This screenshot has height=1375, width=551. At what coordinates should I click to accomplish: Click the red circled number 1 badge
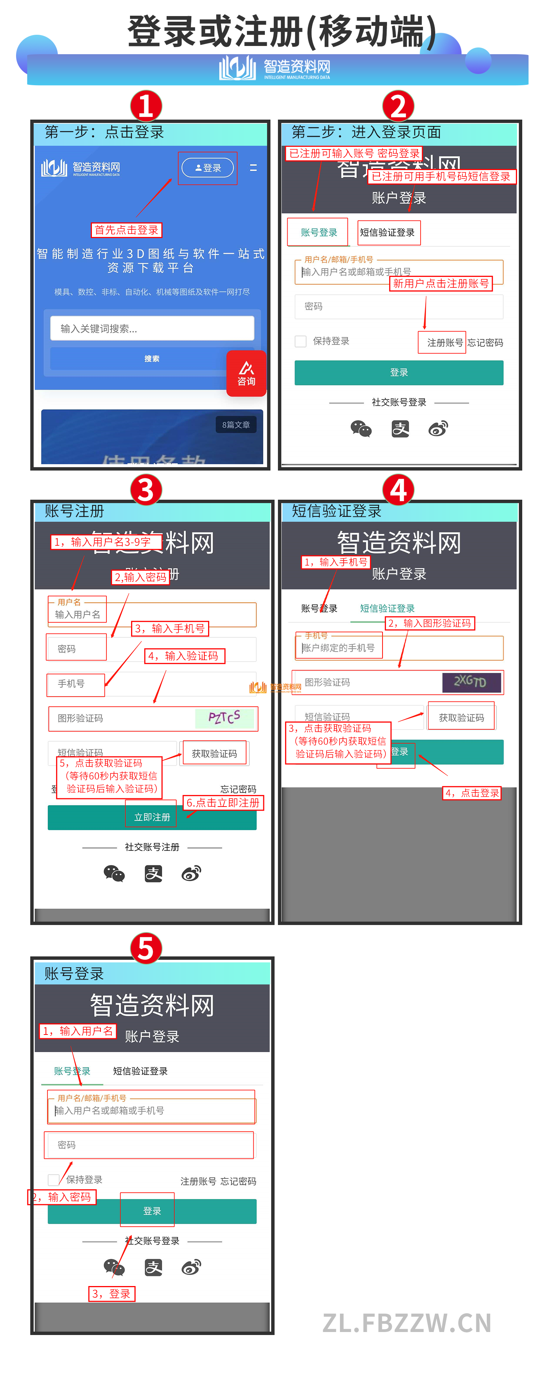pyautogui.click(x=146, y=106)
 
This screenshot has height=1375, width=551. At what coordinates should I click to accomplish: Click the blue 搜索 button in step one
pyautogui.click(x=152, y=359)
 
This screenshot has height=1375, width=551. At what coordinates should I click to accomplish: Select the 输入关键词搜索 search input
pyautogui.click(x=152, y=328)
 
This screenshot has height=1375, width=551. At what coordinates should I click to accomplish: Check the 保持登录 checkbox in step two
pyautogui.click(x=301, y=341)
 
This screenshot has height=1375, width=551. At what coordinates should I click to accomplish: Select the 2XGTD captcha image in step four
pyautogui.click(x=471, y=682)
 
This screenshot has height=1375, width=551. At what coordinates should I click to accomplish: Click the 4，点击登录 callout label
pyautogui.click(x=471, y=793)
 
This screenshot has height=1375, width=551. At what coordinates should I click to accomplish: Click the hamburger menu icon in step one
pyautogui.click(x=253, y=167)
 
